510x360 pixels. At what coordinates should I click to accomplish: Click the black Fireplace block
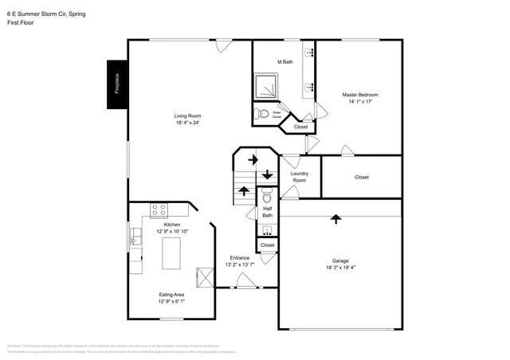click(x=116, y=84)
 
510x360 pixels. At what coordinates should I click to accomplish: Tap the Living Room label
click(x=186, y=119)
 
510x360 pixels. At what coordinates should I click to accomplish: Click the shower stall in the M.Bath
click(x=266, y=85)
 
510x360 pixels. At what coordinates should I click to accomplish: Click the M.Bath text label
click(x=283, y=62)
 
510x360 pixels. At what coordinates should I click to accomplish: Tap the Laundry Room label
click(x=299, y=177)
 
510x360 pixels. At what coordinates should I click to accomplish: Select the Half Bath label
click(x=268, y=212)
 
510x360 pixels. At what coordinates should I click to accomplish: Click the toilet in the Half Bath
click(x=267, y=194)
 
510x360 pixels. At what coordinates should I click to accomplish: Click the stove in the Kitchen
click(x=159, y=210)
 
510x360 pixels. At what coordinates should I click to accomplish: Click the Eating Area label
click(x=172, y=298)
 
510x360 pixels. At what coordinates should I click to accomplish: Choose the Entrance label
click(x=240, y=261)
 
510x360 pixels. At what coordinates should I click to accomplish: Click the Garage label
click(x=340, y=264)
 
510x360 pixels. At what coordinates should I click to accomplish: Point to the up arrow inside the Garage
click(x=335, y=217)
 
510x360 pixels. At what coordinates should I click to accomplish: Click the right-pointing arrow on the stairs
click(x=253, y=159)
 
